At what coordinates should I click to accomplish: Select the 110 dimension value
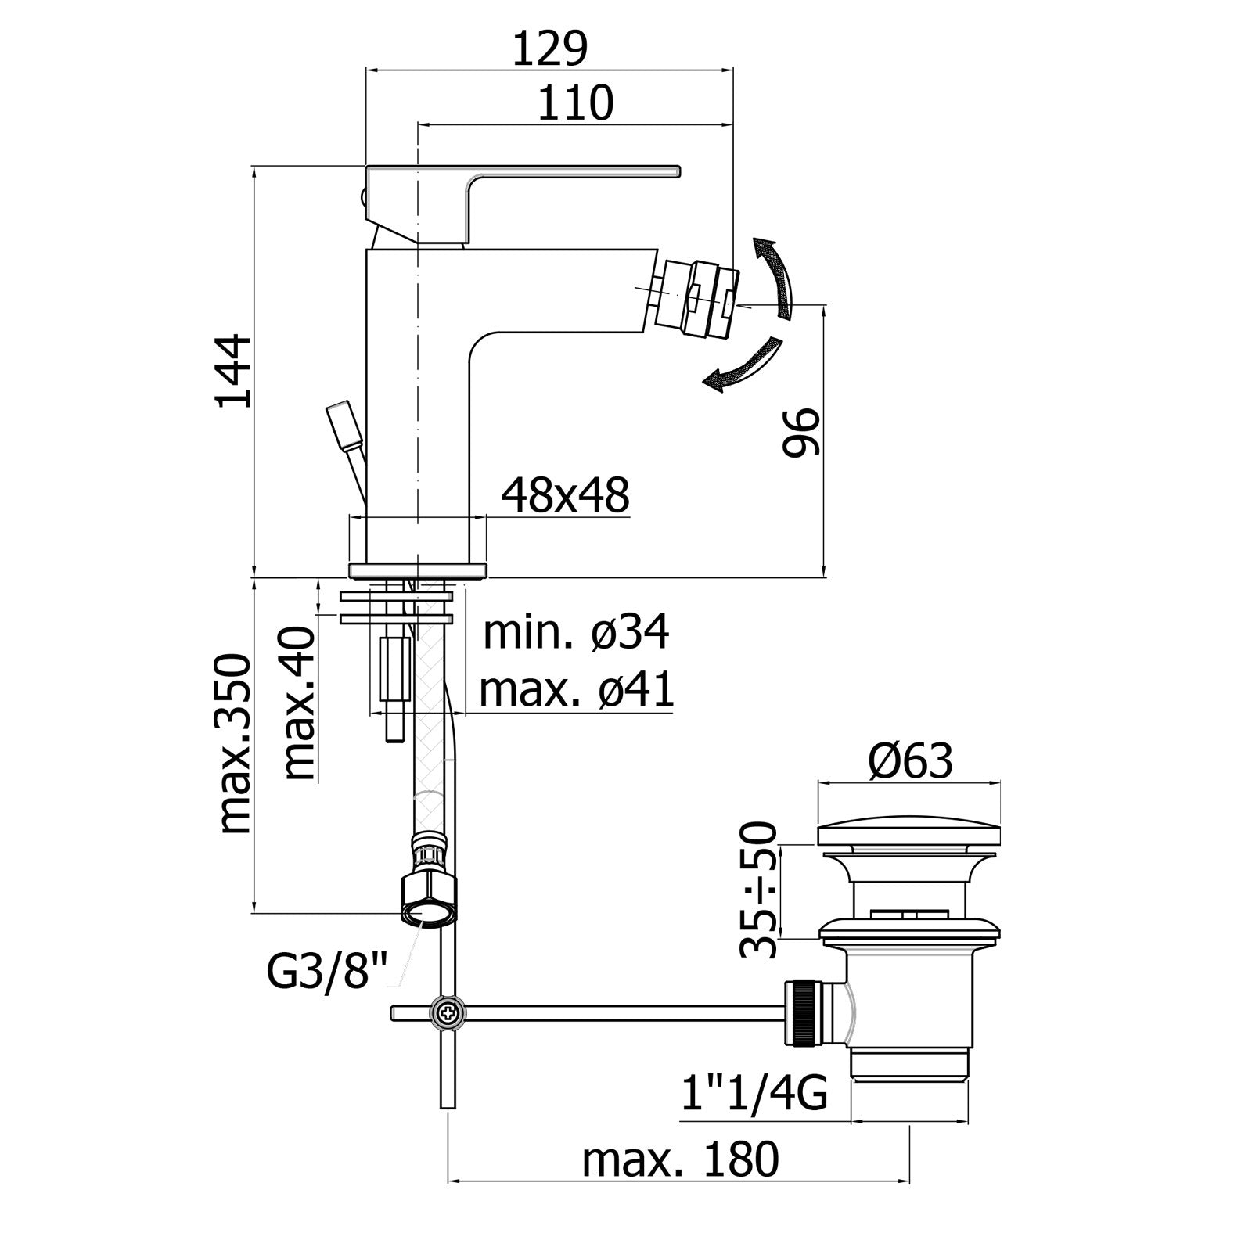575,104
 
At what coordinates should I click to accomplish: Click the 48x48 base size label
565,495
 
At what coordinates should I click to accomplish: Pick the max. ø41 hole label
576,690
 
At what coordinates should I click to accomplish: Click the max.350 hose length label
234,744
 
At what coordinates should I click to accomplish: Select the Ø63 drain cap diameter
910,760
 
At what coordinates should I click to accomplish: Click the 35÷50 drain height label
758,889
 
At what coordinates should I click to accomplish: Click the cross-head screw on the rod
448,1013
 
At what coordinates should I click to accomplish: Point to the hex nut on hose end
429,900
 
